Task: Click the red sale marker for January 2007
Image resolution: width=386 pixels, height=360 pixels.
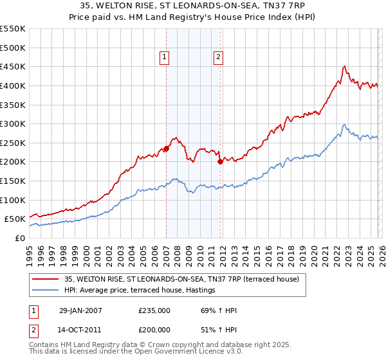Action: click(x=166, y=148)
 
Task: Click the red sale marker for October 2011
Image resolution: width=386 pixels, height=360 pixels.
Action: click(x=220, y=161)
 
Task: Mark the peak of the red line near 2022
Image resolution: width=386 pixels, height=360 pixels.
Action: click(x=345, y=66)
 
